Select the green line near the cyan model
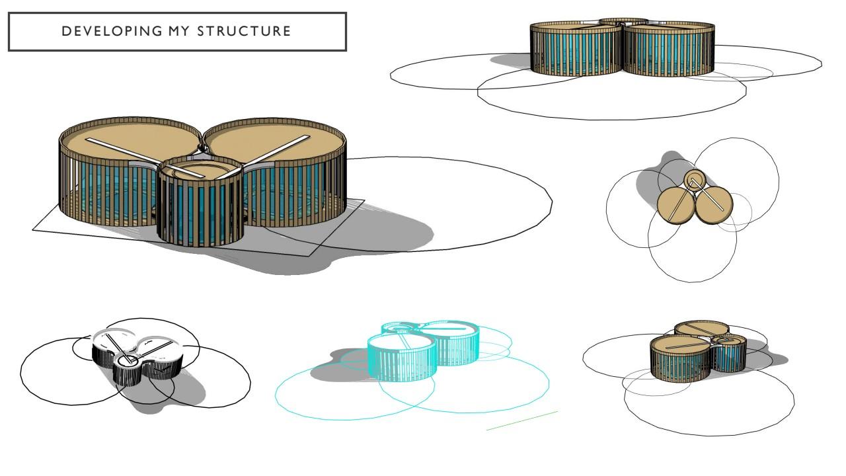(522, 421)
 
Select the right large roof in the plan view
(714, 205)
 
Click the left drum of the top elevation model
(576, 50)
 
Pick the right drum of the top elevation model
(669, 50)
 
